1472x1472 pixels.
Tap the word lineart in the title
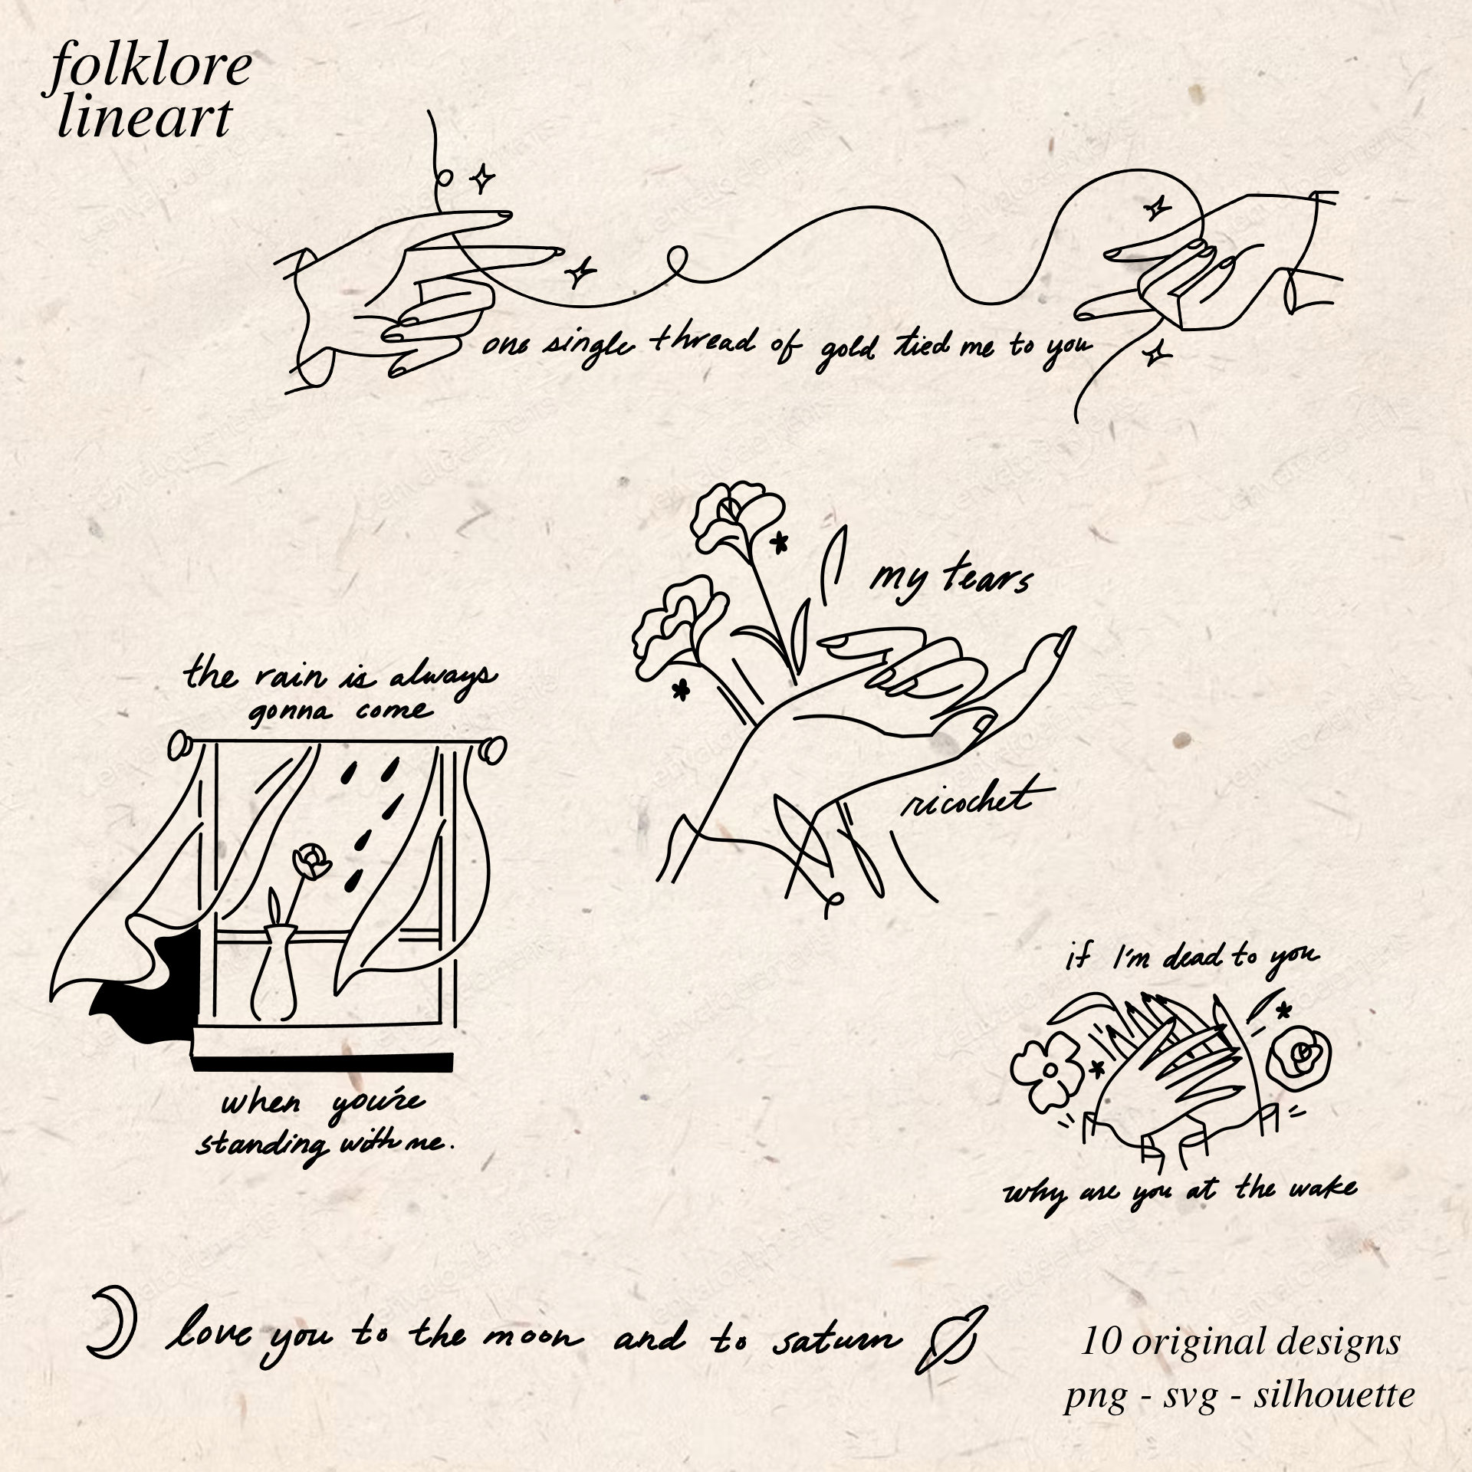click(x=144, y=120)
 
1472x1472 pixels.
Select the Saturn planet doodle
click(x=951, y=1342)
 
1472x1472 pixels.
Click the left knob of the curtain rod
click(x=181, y=744)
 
